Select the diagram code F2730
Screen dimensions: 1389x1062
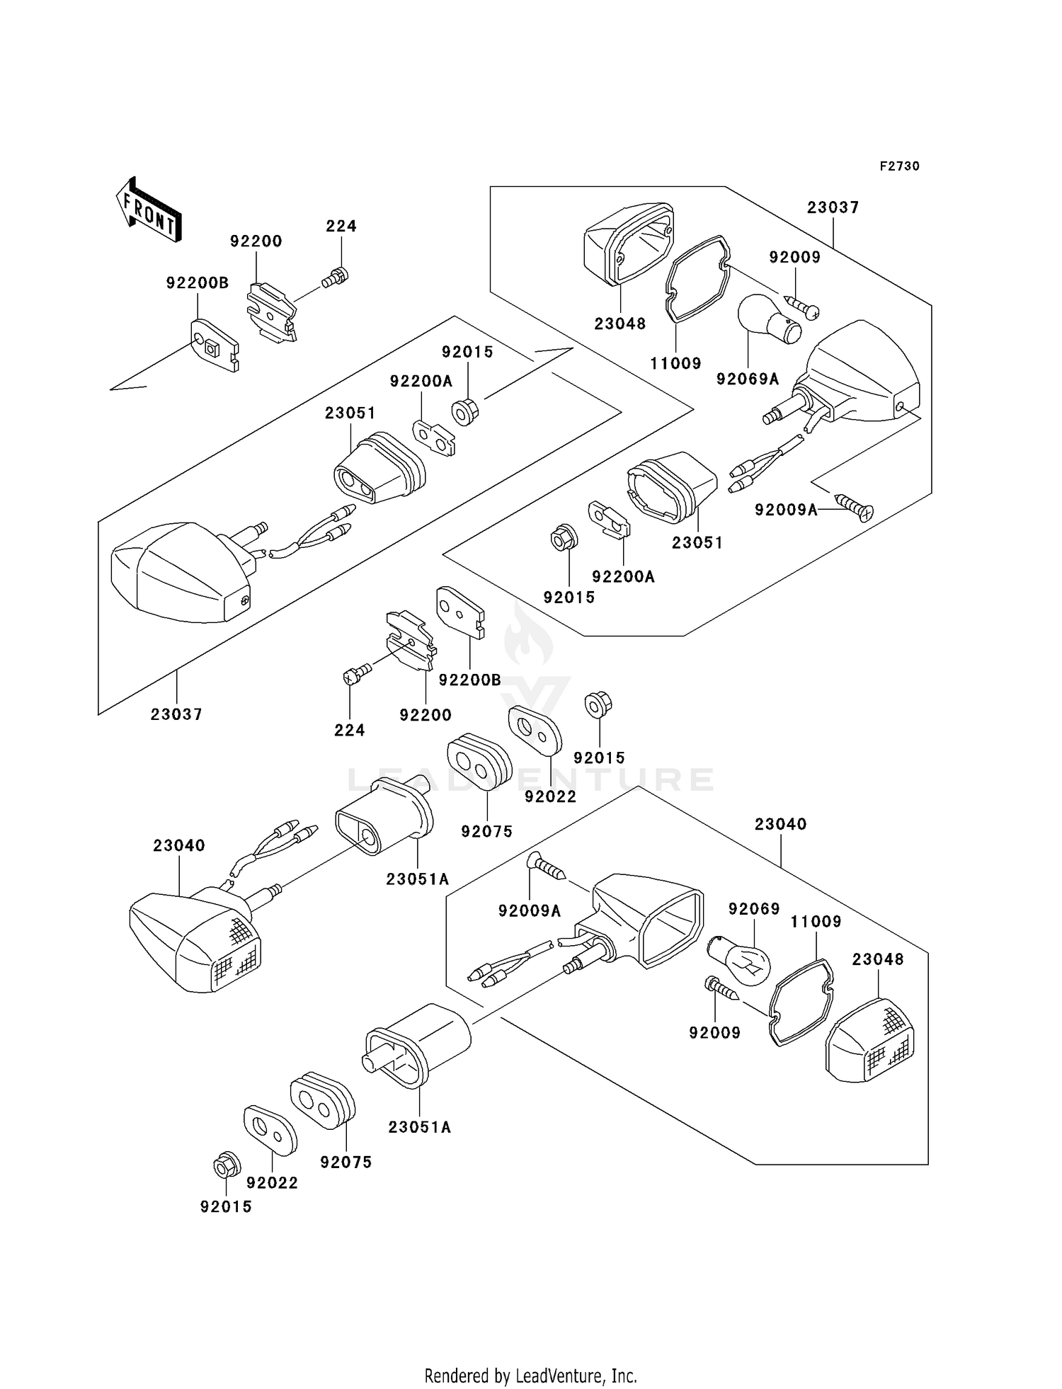pyautogui.click(x=899, y=166)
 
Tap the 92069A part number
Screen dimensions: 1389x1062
pyautogui.click(x=747, y=379)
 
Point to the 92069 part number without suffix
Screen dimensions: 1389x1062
pyautogui.click(x=754, y=909)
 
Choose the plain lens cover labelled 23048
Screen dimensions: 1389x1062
pyautogui.click(x=627, y=244)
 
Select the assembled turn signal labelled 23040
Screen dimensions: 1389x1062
pyautogui.click(x=195, y=934)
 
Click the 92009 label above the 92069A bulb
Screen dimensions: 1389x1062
pyautogui.click(x=794, y=258)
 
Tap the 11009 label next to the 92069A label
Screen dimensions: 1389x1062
pyautogui.click(x=675, y=364)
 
